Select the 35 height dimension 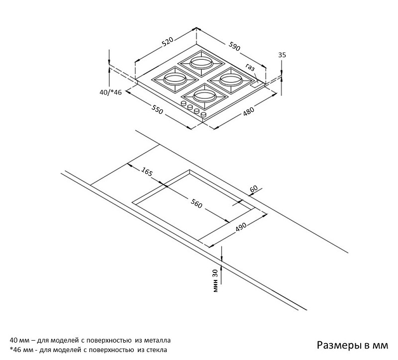pos(282,55)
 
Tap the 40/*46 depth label pos(111,92)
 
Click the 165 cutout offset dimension pos(146,172)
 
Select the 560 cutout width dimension pos(197,203)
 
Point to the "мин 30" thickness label pos(215,281)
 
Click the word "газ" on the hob pos(250,68)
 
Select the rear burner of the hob pos(202,63)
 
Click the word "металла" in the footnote pos(157,341)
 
